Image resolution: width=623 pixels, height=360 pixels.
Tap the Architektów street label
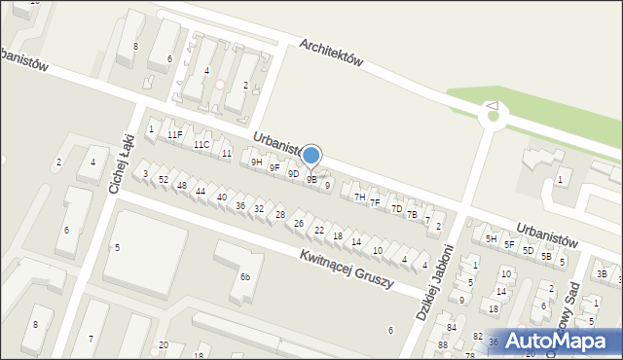pyautogui.click(x=331, y=53)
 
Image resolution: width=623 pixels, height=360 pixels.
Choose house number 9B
pyautogui.click(x=311, y=179)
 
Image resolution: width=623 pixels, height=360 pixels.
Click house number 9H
pyautogui.click(x=256, y=162)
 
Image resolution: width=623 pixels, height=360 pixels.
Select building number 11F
pyautogui.click(x=174, y=134)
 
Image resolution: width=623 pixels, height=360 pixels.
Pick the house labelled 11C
pyautogui.click(x=201, y=145)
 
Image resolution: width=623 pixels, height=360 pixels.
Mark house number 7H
pyautogui.click(x=359, y=198)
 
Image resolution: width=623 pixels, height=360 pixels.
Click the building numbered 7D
pyautogui.click(x=396, y=208)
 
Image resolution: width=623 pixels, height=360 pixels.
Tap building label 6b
pyautogui.click(x=246, y=276)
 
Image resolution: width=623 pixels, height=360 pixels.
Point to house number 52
pyautogui.click(x=164, y=180)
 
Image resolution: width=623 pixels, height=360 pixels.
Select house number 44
pyautogui.click(x=200, y=192)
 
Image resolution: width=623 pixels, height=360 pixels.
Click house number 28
pyautogui.click(x=279, y=215)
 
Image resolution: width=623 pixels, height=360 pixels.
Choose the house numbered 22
pyautogui.click(x=319, y=230)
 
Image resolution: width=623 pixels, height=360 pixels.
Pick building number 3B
pyautogui.click(x=601, y=275)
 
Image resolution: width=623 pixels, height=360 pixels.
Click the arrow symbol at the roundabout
pyautogui.click(x=492, y=106)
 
